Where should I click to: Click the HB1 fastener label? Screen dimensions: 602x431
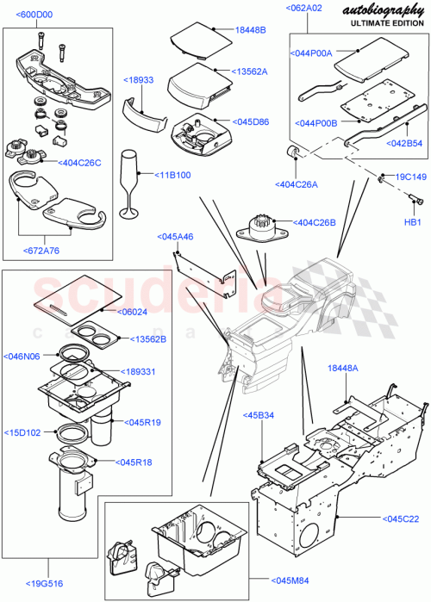(x=414, y=220)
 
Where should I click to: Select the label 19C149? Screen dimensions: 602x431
(x=410, y=177)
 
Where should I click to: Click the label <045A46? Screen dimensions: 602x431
(x=175, y=236)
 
